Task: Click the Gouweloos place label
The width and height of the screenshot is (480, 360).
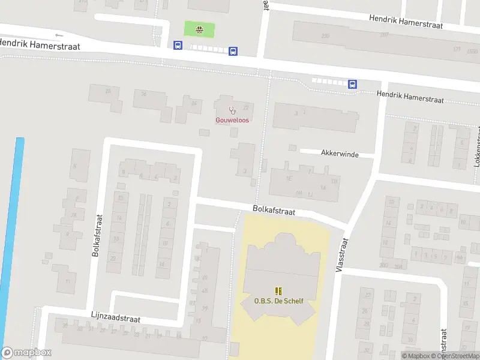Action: click(232, 120)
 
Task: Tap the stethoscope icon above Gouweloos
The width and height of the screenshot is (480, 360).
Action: click(232, 110)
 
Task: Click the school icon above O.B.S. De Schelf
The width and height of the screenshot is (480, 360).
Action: click(278, 292)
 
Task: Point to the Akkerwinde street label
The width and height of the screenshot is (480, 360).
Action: click(339, 154)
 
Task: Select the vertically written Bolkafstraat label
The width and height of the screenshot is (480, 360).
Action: click(96, 235)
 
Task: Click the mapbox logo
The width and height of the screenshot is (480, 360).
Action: click(26, 353)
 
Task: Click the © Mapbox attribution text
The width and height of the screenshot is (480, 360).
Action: click(416, 356)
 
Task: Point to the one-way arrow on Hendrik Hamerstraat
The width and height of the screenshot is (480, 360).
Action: click(58, 35)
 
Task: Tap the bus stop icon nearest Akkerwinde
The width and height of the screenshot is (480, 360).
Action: click(353, 84)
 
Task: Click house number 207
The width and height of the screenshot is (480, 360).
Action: click(383, 35)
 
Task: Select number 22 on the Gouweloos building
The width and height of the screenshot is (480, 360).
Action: click(245, 107)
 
